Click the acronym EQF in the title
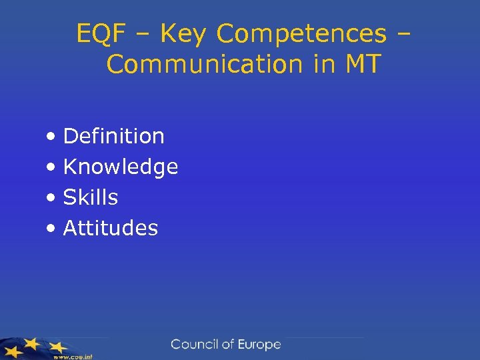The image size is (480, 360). click(99, 33)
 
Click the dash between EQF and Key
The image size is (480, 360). click(135, 34)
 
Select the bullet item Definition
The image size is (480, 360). click(113, 136)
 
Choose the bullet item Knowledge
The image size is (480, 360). click(121, 167)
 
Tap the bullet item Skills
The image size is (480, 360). click(91, 197)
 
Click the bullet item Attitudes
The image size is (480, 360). click(111, 228)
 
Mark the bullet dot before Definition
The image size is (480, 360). click(52, 137)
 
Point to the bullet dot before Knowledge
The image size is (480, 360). click(52, 168)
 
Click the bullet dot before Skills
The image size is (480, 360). click(52, 199)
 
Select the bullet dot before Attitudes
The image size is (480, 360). click(52, 229)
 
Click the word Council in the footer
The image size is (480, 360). click(195, 345)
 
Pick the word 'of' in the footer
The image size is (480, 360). click(228, 345)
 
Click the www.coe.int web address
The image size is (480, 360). click(73, 356)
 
